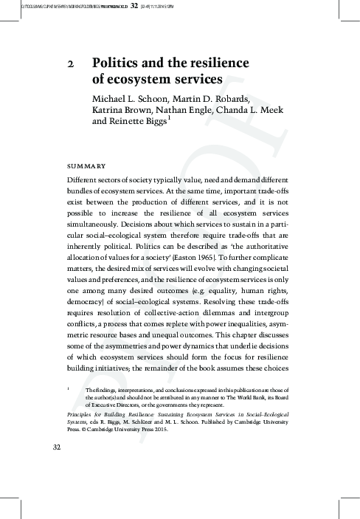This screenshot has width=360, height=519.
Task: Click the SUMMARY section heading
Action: click(x=86, y=165)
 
